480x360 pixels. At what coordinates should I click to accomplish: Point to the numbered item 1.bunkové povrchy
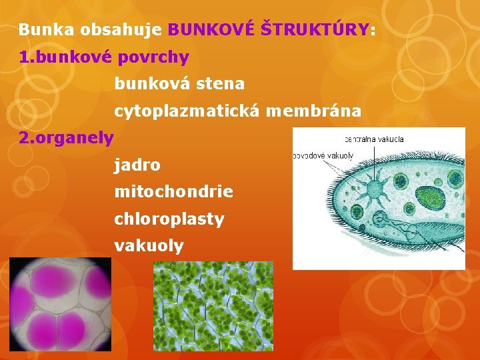[104, 58]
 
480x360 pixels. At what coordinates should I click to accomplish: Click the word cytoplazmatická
[187, 111]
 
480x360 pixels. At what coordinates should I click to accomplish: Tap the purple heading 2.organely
[67, 138]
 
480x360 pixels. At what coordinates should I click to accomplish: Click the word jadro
[137, 165]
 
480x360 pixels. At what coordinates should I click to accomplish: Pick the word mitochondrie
[174, 192]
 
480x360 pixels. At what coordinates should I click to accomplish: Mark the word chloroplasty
[169, 219]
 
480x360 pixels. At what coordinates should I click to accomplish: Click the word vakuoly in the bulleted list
[149, 246]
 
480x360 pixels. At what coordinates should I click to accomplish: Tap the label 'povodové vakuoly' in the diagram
[323, 155]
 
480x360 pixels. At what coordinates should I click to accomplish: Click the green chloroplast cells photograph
[213, 306]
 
